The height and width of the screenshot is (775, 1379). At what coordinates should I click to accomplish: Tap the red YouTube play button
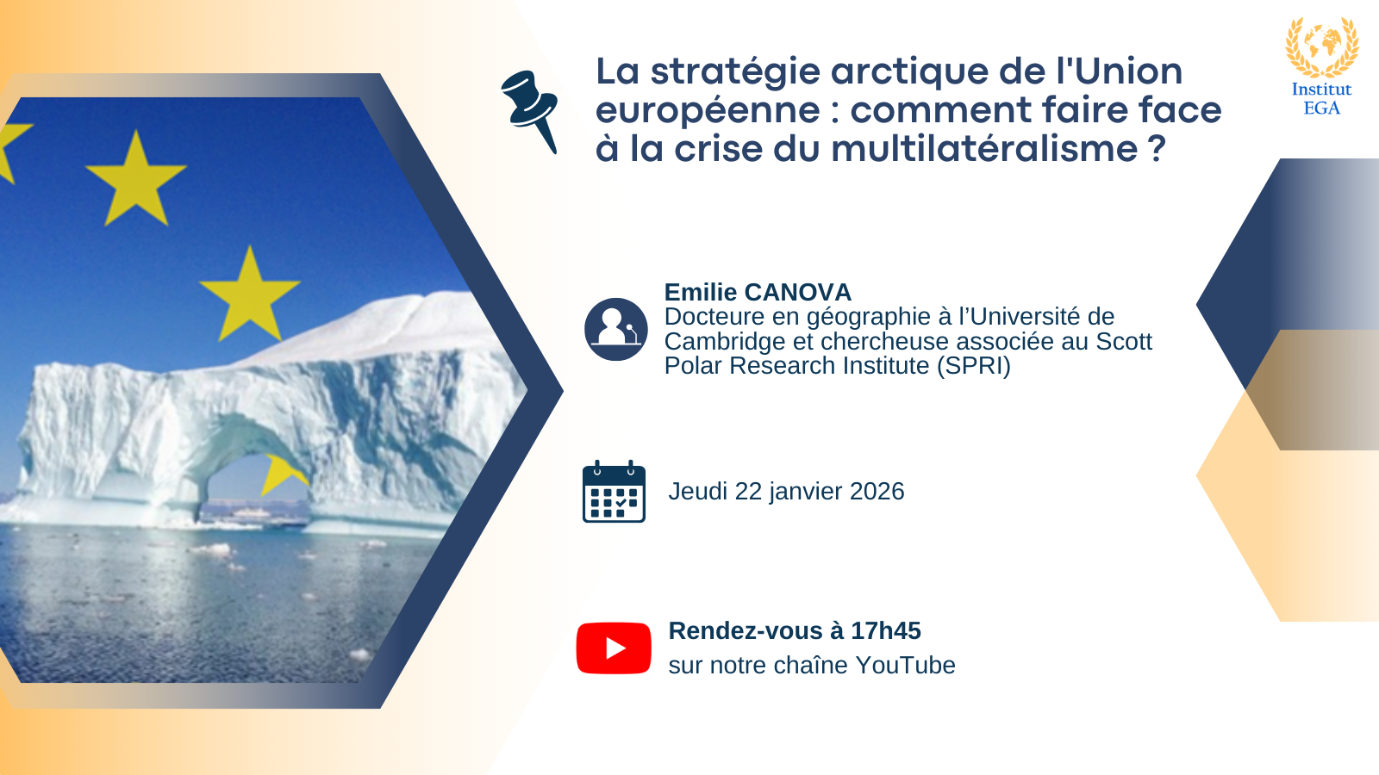(613, 648)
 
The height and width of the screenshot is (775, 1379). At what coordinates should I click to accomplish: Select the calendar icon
(614, 492)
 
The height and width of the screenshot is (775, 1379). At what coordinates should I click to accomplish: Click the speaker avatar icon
(615, 329)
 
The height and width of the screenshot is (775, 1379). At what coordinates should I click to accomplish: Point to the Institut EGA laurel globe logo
(1322, 46)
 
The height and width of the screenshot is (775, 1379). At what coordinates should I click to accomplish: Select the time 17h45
(885, 630)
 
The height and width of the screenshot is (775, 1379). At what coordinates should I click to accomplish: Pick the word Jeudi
(698, 492)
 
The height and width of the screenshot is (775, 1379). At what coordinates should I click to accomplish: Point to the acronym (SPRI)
(973, 366)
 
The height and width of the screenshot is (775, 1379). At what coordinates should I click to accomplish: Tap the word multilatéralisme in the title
(984, 148)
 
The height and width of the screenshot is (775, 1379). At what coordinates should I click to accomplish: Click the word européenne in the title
(708, 111)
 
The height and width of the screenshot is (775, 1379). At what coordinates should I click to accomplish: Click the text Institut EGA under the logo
(1322, 98)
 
